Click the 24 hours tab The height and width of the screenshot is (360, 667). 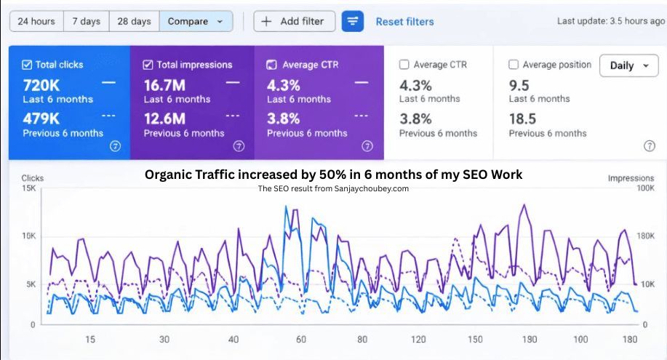[36, 21]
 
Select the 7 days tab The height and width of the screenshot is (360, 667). [86, 21]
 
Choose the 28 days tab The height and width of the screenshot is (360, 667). [134, 21]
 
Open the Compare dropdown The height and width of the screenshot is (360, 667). [196, 21]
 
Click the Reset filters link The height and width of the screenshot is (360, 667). [404, 21]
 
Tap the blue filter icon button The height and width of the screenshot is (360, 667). [353, 21]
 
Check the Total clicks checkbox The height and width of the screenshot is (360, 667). [27, 65]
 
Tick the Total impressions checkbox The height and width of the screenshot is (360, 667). [148, 65]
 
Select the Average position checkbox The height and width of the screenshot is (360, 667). [514, 65]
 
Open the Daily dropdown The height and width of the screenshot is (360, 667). [628, 65]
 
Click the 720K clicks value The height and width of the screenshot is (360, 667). [41, 85]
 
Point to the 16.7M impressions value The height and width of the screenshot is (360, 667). [164, 85]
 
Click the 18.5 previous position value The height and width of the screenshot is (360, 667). [523, 119]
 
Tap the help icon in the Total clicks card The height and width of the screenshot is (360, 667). [114, 146]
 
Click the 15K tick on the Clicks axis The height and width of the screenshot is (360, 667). [28, 188]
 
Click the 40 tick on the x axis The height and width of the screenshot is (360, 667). [233, 340]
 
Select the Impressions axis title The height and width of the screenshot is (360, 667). [631, 177]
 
